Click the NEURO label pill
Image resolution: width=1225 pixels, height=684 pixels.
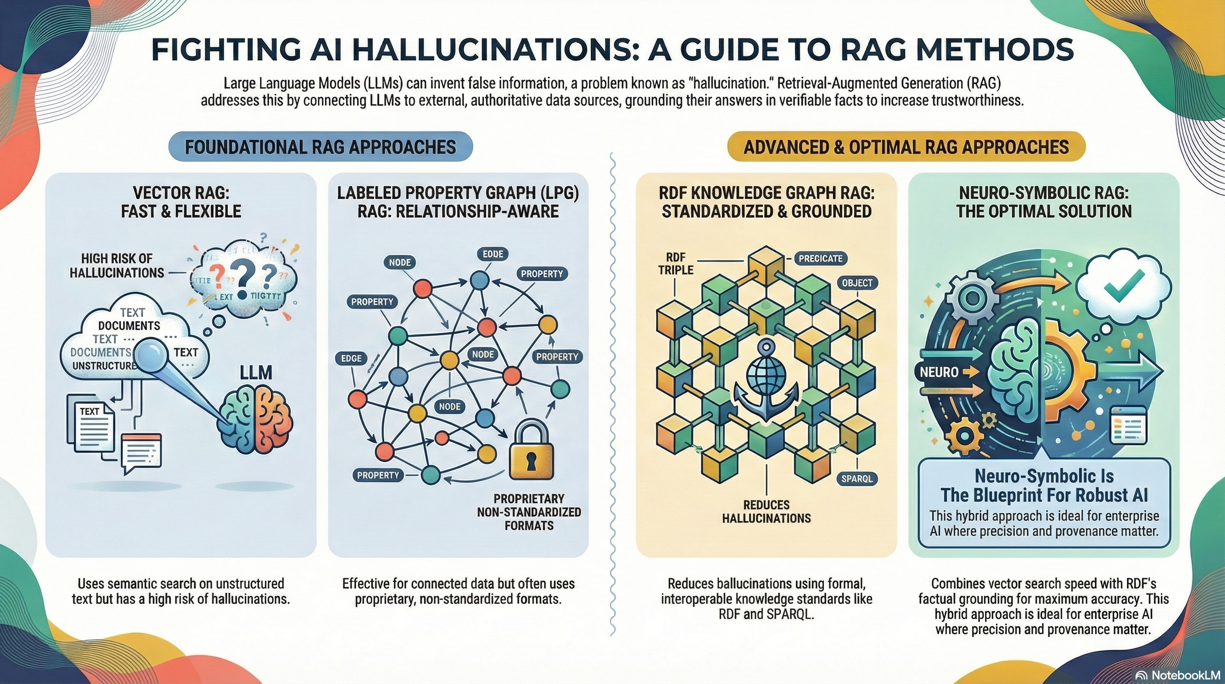[x=939, y=372]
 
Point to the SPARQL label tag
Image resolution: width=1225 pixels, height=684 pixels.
[x=856, y=479]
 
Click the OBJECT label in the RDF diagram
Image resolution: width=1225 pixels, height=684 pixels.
[x=857, y=283]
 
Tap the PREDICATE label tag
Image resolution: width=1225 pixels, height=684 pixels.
[x=821, y=259]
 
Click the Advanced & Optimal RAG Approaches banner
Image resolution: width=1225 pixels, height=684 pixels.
[x=906, y=147]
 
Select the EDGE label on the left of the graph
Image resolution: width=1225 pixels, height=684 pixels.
[x=351, y=358]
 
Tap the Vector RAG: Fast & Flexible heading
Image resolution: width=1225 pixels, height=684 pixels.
[x=181, y=202]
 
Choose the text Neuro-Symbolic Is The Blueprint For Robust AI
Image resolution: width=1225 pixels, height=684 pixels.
[x=1044, y=486]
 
